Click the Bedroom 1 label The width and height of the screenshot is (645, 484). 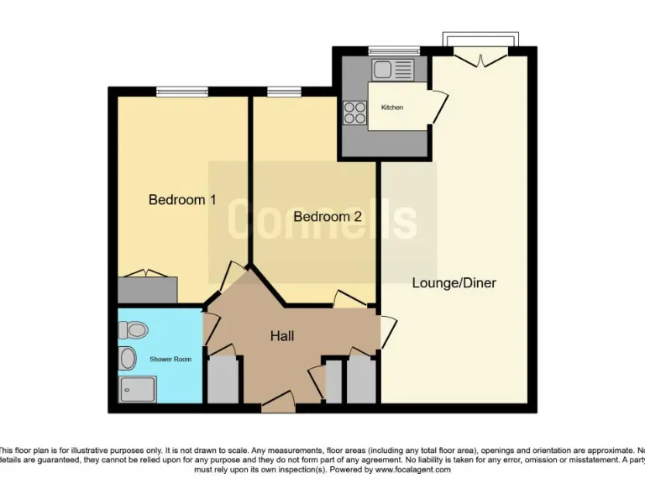(x=182, y=200)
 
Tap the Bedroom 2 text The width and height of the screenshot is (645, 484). (x=328, y=217)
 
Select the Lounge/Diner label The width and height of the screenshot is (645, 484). (x=454, y=283)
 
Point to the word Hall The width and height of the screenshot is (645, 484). (x=281, y=336)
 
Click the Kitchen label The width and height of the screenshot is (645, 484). (x=392, y=108)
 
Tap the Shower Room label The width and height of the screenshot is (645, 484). (x=170, y=360)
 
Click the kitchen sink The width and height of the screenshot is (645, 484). (x=394, y=69)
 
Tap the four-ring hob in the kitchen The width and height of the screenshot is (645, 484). (x=353, y=113)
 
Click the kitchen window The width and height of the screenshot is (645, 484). (x=393, y=50)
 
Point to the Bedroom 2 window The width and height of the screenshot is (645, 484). (x=284, y=91)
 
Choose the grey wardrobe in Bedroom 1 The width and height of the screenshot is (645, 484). (x=148, y=289)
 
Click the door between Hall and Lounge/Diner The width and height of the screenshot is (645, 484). (x=385, y=328)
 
